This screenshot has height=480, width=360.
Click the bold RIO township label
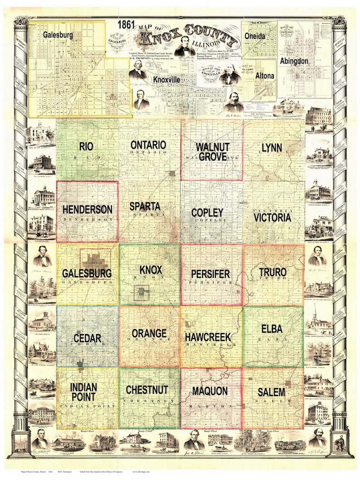pyautogui.click(x=87, y=146)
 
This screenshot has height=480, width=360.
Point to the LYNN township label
pyautogui.click(x=272, y=147)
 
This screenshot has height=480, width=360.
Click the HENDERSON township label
pyautogui.click(x=88, y=210)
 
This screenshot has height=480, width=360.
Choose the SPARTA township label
pyautogui.click(x=145, y=206)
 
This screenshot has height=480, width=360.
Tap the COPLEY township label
pyautogui.click(x=207, y=212)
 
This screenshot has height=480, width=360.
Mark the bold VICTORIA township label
pyautogui.click(x=272, y=218)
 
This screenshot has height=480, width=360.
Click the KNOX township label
pyautogui.click(x=151, y=270)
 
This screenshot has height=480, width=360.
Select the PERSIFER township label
pyautogui.click(x=210, y=274)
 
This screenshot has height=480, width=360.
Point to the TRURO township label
pyautogui.click(x=272, y=272)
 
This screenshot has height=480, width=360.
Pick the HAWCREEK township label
pyautogui.click(x=208, y=337)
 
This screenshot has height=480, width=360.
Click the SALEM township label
pyautogui.click(x=272, y=392)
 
